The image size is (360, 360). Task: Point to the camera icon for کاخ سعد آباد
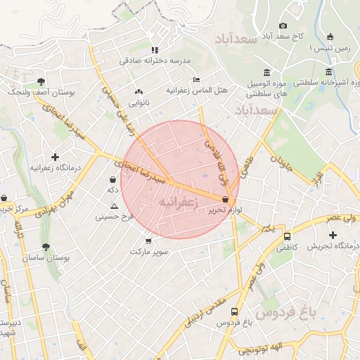(283, 25)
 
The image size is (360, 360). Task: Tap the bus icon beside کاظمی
(287, 236)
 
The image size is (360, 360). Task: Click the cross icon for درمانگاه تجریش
(332, 233)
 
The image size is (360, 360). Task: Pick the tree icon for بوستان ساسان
(46, 247)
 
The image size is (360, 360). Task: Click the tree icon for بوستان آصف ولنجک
(41, 82)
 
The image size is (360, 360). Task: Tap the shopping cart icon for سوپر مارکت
(148, 240)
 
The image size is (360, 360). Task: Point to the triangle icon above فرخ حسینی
(114, 206)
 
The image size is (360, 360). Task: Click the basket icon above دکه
(112, 179)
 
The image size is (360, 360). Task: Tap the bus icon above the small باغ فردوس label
(234, 311)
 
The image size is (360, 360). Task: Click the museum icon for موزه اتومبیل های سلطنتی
(266, 72)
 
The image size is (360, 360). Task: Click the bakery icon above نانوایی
(139, 91)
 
